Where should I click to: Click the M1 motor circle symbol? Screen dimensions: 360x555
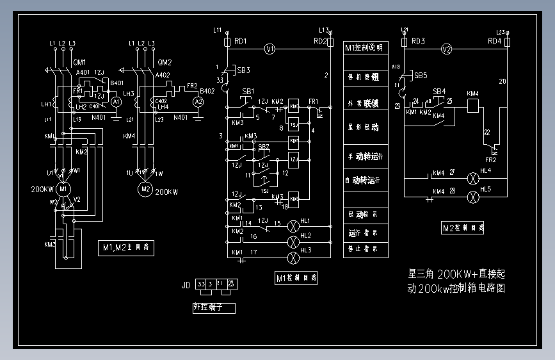tap(63, 190)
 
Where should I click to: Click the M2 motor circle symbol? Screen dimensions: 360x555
tap(145, 190)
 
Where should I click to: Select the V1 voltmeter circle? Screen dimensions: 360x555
tap(269, 49)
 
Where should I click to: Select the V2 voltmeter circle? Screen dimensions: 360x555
tap(447, 49)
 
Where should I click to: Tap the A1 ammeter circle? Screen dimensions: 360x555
tap(116, 102)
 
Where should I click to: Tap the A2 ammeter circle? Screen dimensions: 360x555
tap(198, 101)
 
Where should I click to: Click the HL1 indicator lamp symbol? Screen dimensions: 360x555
tap(294, 226)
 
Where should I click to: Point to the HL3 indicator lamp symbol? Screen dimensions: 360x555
tap(294, 258)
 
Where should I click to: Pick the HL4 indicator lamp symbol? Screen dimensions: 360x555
tap(474, 176)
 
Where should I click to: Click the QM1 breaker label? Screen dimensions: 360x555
tap(80, 62)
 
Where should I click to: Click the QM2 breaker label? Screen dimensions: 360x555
tap(165, 62)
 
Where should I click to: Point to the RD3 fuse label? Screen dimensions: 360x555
tap(419, 41)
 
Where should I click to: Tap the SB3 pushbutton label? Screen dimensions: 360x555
tap(243, 70)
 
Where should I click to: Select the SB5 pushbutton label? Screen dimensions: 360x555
tap(421, 75)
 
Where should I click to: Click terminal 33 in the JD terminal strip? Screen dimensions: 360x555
tap(202, 284)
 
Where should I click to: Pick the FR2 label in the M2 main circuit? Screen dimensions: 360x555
tap(193, 85)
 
